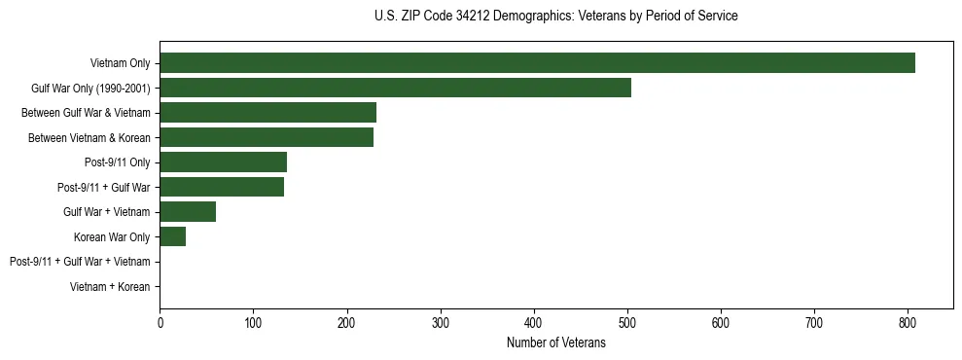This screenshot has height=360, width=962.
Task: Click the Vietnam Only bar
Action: [537, 63]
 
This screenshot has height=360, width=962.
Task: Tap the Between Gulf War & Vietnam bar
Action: [267, 113]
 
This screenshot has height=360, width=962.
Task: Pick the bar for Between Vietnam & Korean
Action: [267, 137]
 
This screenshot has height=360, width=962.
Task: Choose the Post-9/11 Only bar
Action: [223, 162]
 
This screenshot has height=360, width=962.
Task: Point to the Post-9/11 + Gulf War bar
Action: [222, 187]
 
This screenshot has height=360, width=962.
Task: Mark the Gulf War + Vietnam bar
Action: [188, 212]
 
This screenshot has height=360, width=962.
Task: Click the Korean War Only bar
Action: [172, 236]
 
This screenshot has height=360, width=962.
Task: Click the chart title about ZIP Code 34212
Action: [555, 17]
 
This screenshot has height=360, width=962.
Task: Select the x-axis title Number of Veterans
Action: [555, 342]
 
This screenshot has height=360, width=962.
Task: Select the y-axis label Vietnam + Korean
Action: [110, 287]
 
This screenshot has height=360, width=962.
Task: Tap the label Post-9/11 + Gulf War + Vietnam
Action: [80, 262]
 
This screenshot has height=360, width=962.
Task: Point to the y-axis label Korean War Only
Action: [112, 236]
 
